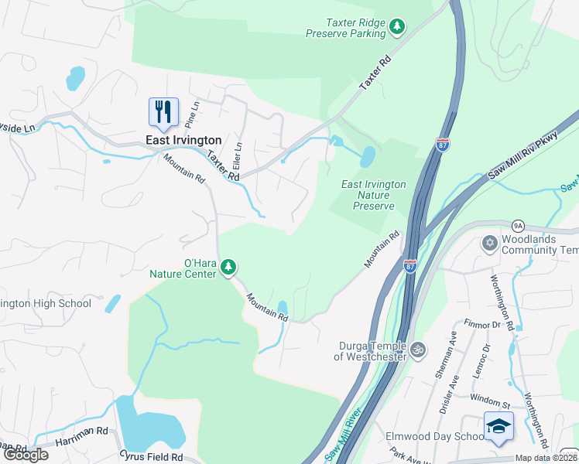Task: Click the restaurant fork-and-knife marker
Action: point(163,112)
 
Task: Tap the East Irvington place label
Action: point(184,140)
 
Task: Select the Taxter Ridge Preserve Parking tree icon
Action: point(397,28)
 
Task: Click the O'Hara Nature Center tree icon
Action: point(228,268)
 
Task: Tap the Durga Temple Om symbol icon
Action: point(418,350)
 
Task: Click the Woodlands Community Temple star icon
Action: point(488,244)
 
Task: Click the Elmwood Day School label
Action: point(434,436)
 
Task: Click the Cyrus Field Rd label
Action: point(151,457)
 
